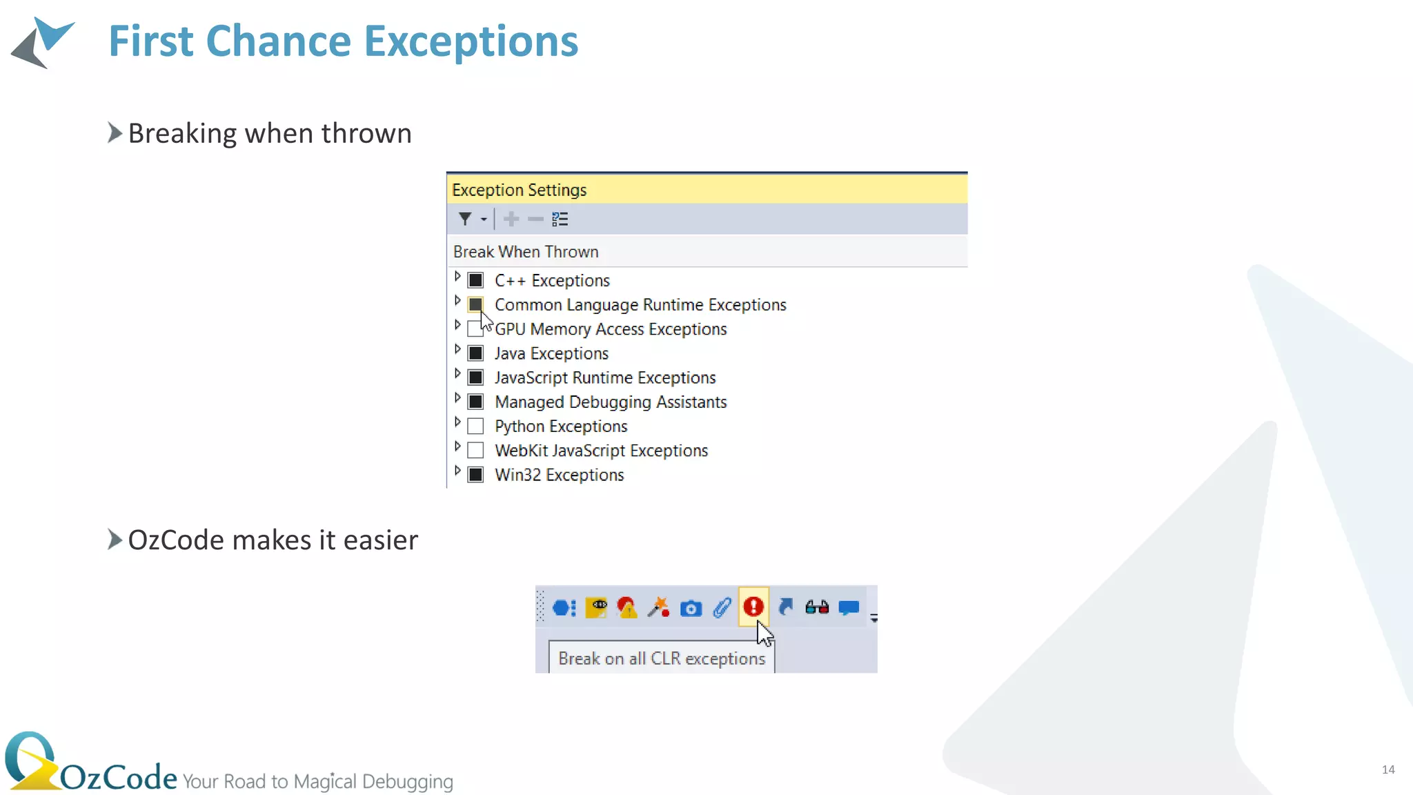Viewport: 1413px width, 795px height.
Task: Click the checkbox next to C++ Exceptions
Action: (475, 280)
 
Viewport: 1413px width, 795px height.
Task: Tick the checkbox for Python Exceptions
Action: (475, 426)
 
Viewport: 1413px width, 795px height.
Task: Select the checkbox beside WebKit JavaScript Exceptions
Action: (475, 451)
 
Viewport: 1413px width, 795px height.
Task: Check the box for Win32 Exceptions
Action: (475, 475)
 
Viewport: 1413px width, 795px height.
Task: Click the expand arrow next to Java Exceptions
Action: (457, 349)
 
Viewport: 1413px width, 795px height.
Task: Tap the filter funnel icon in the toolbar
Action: (465, 219)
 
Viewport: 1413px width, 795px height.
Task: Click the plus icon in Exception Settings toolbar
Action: (511, 219)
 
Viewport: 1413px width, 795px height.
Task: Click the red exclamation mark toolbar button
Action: (753, 607)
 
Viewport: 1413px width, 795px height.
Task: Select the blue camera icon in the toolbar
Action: (691, 608)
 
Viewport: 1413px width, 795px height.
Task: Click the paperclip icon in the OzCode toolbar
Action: (722, 607)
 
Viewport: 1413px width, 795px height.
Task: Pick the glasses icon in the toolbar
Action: (817, 607)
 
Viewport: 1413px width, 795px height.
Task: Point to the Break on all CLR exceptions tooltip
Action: (661, 658)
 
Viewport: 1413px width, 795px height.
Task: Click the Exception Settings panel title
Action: (519, 190)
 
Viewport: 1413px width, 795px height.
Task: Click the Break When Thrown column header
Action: (526, 252)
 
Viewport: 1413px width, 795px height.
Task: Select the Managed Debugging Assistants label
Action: (611, 402)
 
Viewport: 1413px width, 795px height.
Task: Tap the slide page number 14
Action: (1388, 769)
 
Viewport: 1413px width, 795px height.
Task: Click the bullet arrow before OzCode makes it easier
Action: (115, 540)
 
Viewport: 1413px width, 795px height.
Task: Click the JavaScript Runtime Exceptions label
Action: (605, 377)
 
